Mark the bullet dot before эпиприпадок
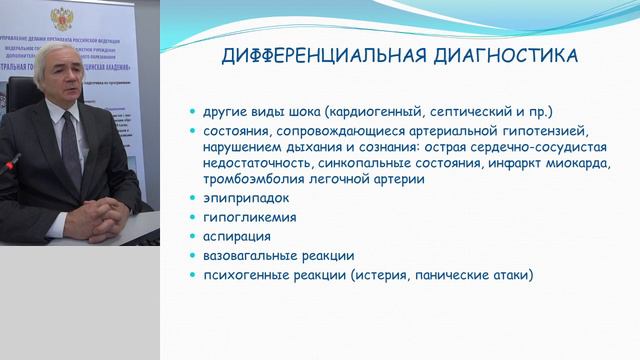[x=193, y=199]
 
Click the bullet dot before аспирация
[x=193, y=237]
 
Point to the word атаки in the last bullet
[x=510, y=274]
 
